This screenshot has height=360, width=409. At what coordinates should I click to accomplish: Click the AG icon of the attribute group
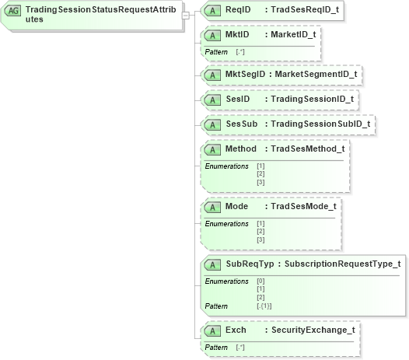(13, 13)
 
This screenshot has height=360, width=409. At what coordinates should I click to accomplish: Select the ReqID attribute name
(238, 10)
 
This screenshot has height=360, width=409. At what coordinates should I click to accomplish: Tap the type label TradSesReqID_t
(304, 10)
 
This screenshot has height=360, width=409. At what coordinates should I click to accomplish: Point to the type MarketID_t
(292, 36)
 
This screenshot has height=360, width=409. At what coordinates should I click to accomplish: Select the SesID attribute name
(237, 100)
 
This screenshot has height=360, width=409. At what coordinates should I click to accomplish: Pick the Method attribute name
(240, 149)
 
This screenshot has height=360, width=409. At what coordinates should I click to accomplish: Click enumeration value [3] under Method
(260, 181)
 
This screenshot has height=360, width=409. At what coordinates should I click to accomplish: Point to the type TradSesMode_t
(303, 207)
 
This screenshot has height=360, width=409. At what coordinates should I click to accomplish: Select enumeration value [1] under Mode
(260, 224)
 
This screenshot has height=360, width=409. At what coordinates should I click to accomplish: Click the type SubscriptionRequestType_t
(343, 264)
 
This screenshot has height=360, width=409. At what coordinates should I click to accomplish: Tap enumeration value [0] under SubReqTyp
(260, 281)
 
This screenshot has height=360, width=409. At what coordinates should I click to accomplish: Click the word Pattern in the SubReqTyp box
(216, 306)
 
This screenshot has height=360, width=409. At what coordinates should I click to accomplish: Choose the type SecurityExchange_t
(313, 330)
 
